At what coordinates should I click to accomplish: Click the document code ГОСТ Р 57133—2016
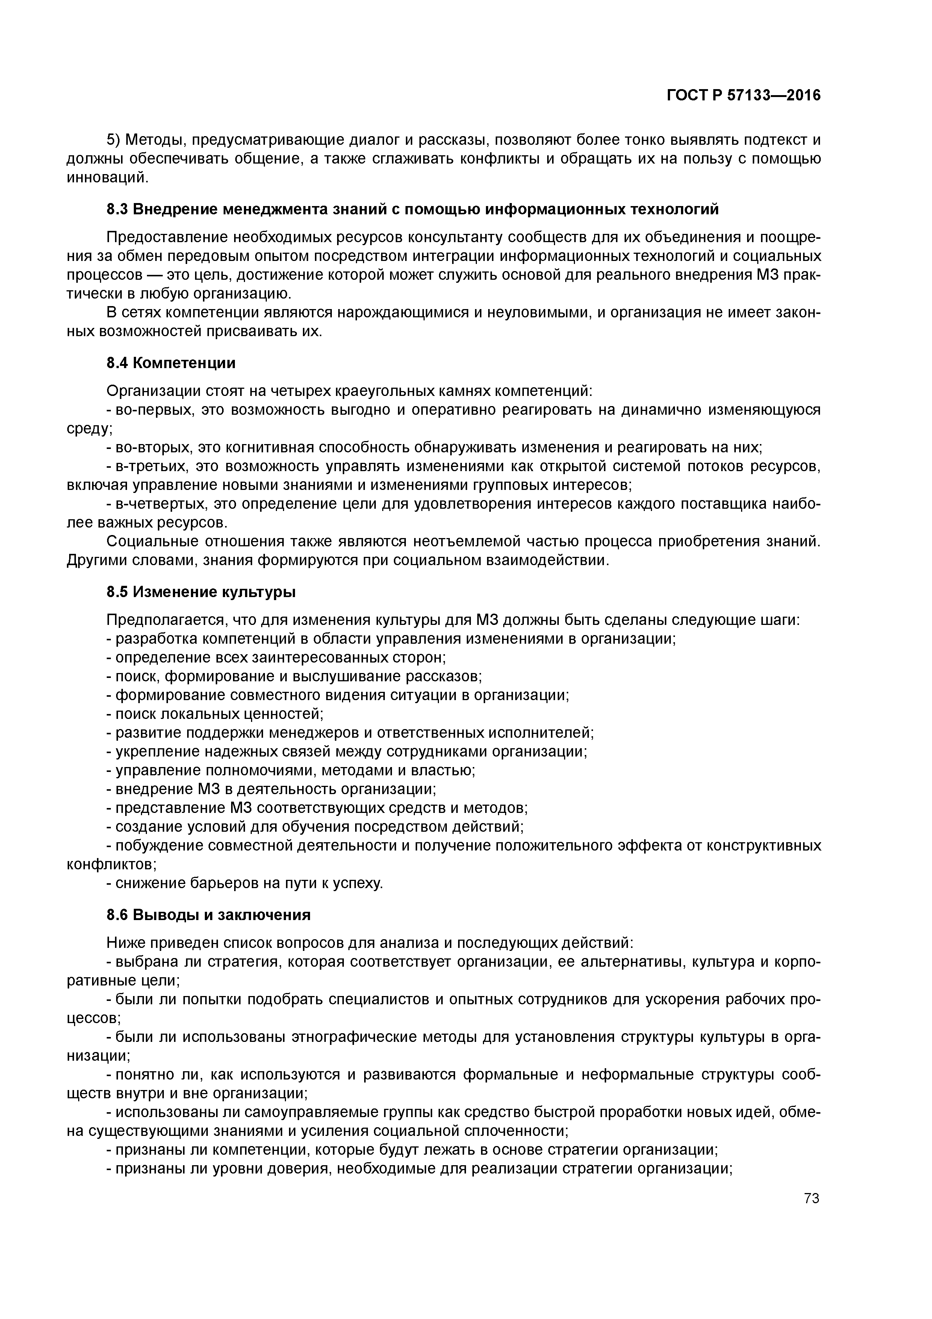(x=744, y=96)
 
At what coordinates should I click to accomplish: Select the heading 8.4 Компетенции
(x=171, y=363)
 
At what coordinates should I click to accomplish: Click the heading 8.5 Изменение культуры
(x=201, y=592)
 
